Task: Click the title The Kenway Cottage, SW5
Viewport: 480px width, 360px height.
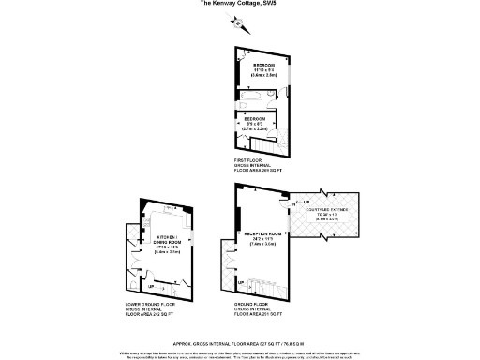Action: coord(238,4)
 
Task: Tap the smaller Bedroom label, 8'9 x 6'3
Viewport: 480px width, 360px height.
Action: coord(257,123)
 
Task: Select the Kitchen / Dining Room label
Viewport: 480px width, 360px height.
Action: coord(168,244)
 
